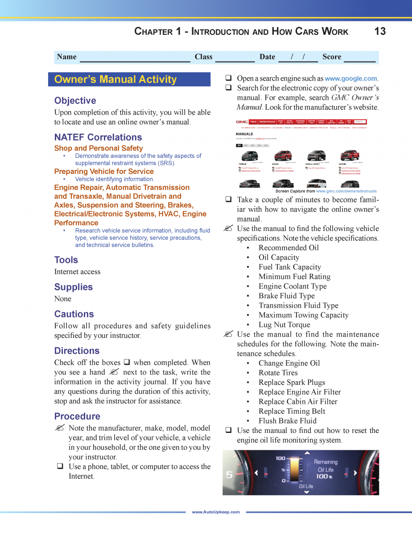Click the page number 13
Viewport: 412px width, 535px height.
[380, 31]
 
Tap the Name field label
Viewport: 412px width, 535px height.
[67, 57]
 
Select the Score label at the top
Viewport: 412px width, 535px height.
[332, 57]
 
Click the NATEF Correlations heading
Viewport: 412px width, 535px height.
[98, 137]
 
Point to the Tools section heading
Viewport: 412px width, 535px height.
[66, 260]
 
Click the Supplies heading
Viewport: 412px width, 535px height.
[74, 287]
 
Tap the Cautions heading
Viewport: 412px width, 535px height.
[74, 314]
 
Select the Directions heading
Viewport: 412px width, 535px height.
[77, 351]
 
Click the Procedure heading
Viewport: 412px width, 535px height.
[77, 416]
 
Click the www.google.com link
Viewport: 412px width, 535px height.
[351, 78]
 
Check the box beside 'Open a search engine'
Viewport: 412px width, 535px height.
[228, 78]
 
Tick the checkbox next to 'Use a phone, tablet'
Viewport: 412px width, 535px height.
[59, 467]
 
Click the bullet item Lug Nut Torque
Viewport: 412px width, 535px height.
[284, 325]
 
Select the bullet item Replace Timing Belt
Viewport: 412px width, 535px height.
[292, 411]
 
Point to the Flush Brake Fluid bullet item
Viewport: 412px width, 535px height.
[287, 421]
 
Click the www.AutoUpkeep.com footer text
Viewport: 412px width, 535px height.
[216, 512]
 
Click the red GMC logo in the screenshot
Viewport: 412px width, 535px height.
[242, 122]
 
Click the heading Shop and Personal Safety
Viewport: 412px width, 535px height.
[99, 148]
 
